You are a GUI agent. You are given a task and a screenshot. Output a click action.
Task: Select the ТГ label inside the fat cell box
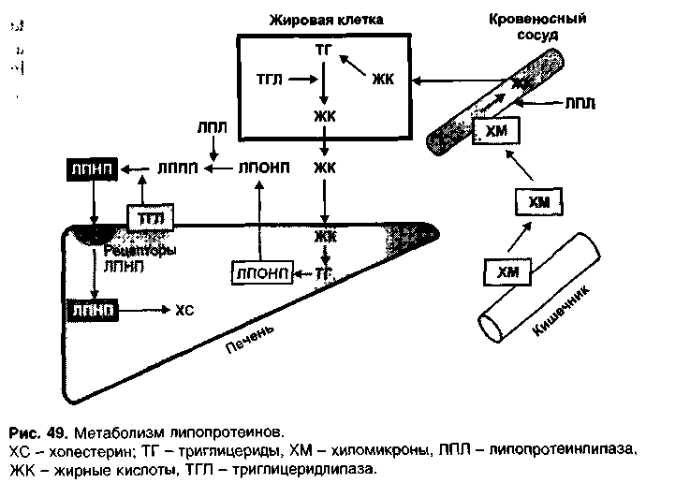323,46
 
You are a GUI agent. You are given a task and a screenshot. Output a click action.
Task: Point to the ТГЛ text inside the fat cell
271,80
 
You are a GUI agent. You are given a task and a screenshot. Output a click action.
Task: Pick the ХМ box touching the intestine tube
506,272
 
